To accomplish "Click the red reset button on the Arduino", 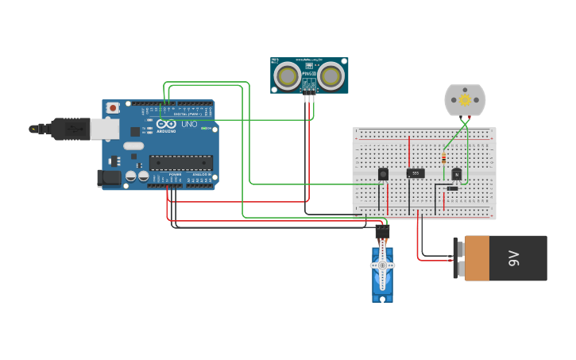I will point(113,107).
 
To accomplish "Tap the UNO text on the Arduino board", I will point(190,125).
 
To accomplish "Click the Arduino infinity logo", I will point(166,124).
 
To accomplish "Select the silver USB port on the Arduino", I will point(105,129).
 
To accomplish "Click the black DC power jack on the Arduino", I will point(109,178).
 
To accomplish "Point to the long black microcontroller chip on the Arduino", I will point(180,162).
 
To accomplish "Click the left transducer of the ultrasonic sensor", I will point(287,75).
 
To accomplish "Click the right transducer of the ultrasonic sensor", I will point(331,75).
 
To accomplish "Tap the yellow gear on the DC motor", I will point(465,100).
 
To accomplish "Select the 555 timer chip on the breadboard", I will point(416,173).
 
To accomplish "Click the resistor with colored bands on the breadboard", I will point(443,159).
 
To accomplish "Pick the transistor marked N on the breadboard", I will point(456,174).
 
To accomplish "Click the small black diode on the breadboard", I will point(452,188).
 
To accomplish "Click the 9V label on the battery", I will point(514,257).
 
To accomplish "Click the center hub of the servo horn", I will point(382,265).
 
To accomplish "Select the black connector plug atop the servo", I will point(382,232).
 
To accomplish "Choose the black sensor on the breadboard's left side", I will point(383,174).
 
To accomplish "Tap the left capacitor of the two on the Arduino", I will point(130,176).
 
